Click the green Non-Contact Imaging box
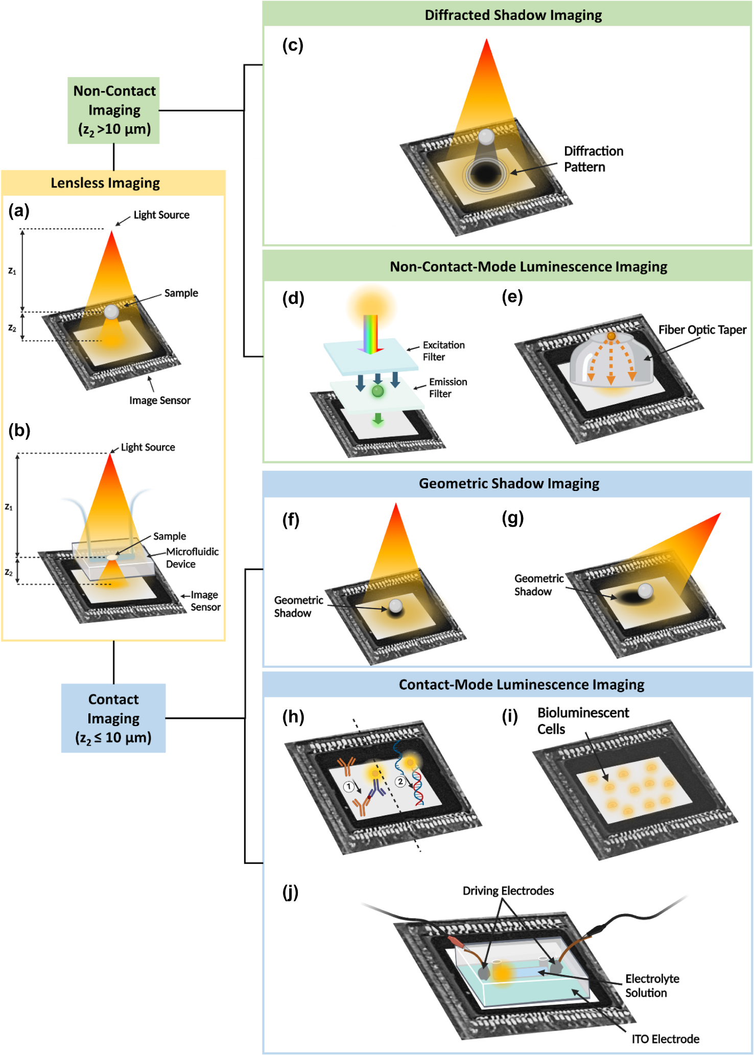point(113,110)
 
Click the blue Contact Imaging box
point(113,718)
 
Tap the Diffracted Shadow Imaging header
point(513,15)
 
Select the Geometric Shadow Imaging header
point(509,483)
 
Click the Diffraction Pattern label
point(593,159)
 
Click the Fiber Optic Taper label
point(702,330)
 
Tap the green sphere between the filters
point(378,391)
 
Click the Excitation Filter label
point(443,351)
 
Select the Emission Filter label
point(447,388)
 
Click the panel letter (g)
point(512,518)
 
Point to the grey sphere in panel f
point(396,606)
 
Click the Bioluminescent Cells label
point(582,720)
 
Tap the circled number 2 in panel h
point(400,782)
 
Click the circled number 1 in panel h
point(349,786)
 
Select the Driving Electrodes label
point(508,890)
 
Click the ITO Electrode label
point(665,1039)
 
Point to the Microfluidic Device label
point(192,557)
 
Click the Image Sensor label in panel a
point(159,400)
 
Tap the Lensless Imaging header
point(105,183)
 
